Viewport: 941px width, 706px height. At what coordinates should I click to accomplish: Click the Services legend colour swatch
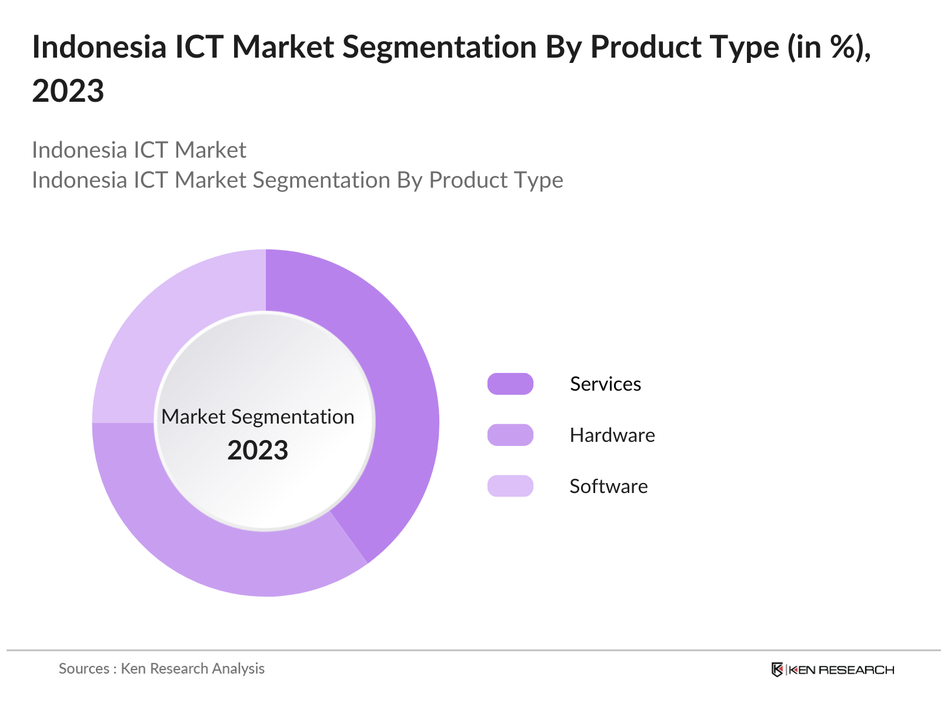tap(510, 384)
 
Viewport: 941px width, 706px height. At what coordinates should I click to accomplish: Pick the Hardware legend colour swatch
tap(510, 435)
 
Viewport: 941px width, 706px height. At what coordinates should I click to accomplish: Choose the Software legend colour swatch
tap(510, 486)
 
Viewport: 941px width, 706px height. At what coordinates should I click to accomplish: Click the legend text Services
tap(605, 384)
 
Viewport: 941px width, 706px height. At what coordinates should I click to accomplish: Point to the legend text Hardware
tap(612, 435)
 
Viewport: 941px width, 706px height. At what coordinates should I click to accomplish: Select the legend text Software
tap(608, 486)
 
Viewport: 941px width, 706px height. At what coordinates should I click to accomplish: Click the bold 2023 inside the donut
tap(258, 450)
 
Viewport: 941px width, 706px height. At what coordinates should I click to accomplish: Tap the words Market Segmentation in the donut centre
tap(258, 417)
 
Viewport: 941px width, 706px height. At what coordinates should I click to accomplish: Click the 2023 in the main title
tap(68, 91)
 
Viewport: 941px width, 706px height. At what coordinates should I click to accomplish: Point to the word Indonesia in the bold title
tap(99, 47)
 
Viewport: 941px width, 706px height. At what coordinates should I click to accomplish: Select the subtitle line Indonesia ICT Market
tap(139, 150)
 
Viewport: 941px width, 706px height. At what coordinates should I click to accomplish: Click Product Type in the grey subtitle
tap(496, 180)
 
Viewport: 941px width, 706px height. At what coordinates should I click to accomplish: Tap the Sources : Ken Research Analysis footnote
tap(161, 668)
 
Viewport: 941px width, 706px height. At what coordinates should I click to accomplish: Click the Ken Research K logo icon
tap(777, 670)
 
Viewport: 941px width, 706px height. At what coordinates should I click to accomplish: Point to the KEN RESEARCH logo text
tap(841, 670)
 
